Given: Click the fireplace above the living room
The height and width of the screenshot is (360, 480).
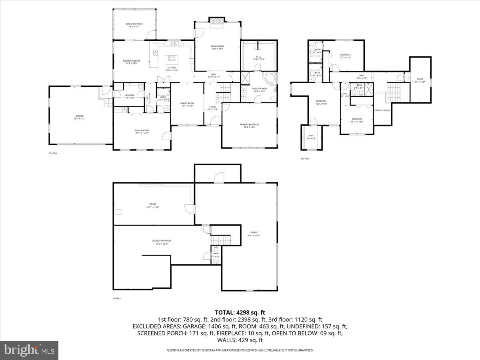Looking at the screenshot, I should point(218,22).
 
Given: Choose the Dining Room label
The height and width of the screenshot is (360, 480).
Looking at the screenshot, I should point(187,104).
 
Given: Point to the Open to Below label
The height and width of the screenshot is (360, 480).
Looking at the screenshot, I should point(382,110).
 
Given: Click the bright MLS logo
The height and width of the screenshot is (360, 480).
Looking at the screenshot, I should point(29,350).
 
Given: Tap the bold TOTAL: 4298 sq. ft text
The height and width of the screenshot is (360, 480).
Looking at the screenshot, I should point(240,312).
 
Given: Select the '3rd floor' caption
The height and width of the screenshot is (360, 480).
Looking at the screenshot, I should point(305,159).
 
